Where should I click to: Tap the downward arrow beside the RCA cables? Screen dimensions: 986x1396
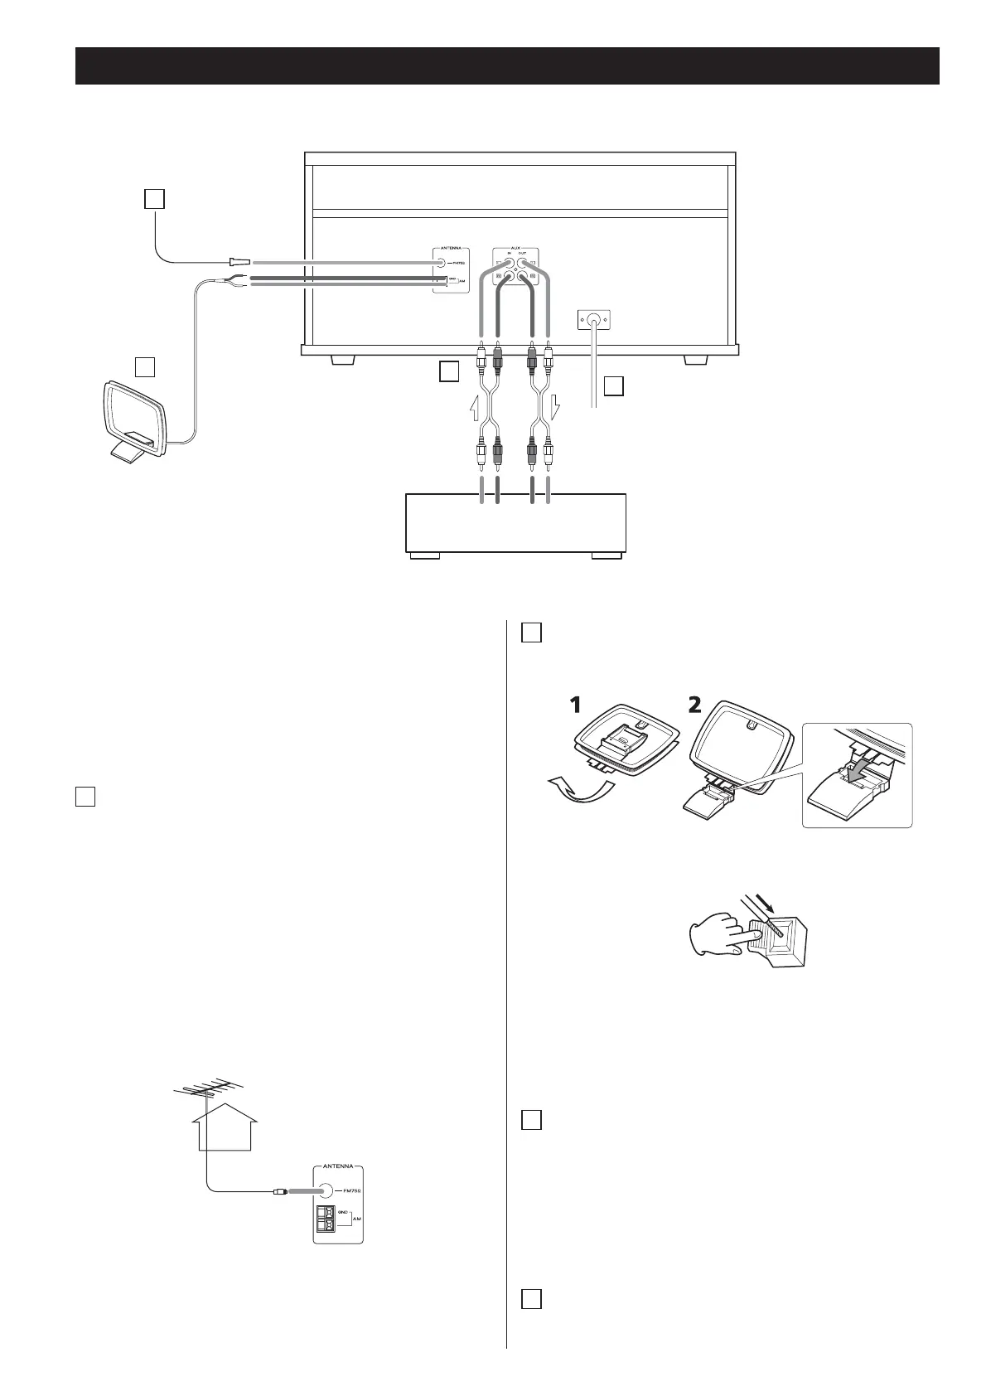click(555, 407)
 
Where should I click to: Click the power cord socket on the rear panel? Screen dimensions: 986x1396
click(593, 318)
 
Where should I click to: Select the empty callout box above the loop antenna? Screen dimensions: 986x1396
click(146, 366)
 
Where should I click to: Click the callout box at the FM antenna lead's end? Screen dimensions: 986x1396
click(155, 199)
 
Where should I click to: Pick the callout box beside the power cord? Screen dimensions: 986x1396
click(613, 386)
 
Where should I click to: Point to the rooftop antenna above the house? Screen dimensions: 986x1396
click(206, 1090)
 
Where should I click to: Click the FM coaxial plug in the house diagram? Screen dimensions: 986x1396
click(280, 1192)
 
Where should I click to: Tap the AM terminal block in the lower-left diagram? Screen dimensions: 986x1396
click(323, 1221)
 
